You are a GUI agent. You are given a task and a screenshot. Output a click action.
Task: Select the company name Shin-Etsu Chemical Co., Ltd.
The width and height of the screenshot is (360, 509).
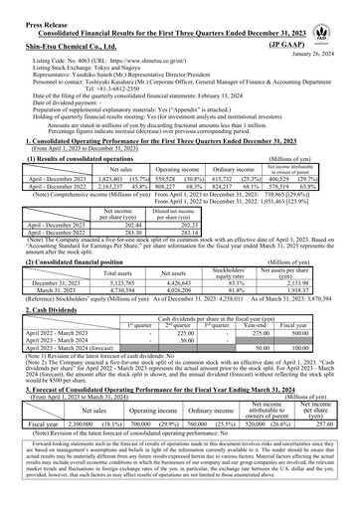(x=66, y=44)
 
